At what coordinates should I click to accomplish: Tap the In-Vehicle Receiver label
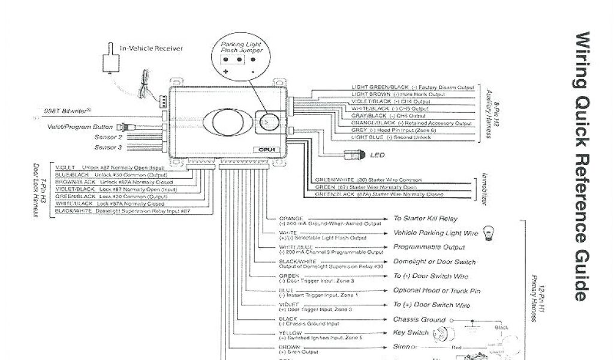click(x=152, y=49)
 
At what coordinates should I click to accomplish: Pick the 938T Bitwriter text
click(x=67, y=110)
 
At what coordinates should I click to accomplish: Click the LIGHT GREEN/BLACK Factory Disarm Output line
click(x=413, y=88)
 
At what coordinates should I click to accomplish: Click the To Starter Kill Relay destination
click(x=425, y=219)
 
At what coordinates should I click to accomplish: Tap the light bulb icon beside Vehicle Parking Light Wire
click(x=487, y=234)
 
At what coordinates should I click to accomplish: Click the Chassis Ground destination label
click(x=419, y=320)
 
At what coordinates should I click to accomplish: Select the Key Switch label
click(x=410, y=333)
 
